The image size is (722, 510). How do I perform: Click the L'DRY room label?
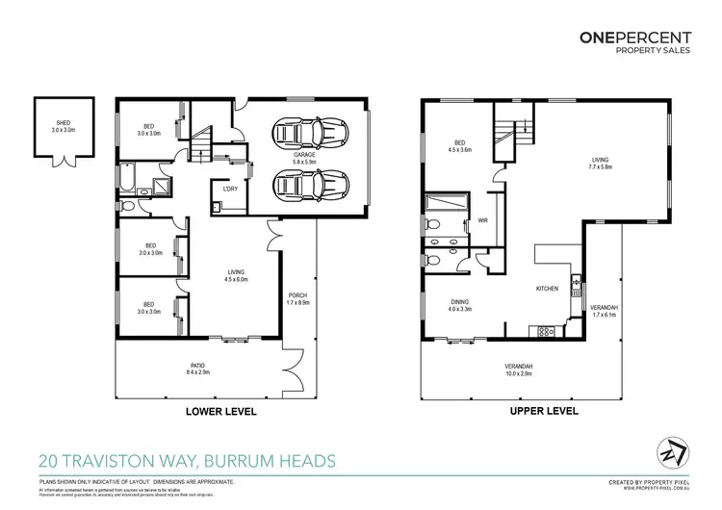[230, 189]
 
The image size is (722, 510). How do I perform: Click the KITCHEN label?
[549, 289]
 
